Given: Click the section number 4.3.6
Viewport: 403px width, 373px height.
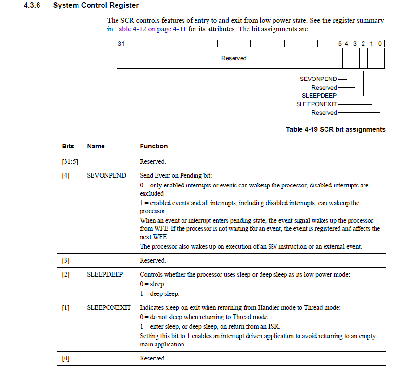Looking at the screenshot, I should point(33,6).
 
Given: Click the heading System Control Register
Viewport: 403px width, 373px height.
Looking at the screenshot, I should point(96,6).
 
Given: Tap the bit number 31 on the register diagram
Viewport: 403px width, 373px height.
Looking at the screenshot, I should point(121,44).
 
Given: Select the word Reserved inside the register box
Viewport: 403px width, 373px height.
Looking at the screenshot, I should point(234,58).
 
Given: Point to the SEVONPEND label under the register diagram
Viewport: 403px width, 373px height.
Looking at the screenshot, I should point(318,79).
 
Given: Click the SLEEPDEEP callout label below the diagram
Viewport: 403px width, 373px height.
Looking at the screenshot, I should point(319,96).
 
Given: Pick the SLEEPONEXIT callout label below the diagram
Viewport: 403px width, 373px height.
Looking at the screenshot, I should point(316,104).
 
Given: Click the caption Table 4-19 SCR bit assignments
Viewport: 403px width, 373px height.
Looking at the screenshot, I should point(336,129).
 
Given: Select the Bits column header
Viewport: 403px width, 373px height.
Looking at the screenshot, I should point(68,146).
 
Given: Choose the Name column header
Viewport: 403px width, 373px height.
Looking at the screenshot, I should point(96,146).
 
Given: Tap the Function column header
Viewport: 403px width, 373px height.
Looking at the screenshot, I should point(154,146).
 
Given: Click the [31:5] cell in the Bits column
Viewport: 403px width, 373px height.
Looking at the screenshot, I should point(69,162).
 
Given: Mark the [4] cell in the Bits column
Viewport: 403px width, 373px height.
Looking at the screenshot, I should point(66,176).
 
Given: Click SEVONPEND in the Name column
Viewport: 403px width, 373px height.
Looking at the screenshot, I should point(106,176).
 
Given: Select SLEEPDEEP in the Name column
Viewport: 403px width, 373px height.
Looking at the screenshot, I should point(105,275).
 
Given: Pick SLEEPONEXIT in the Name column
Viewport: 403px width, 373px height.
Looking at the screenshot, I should point(108,307).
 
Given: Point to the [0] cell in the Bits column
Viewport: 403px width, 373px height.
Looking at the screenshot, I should point(66,359).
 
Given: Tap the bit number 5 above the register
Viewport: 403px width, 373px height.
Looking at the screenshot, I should point(340,44).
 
